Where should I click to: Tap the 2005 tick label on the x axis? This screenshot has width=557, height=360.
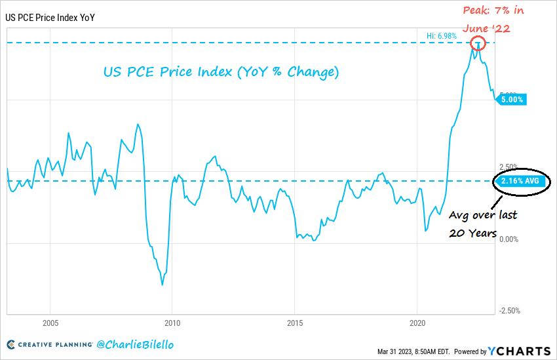[x=50, y=323]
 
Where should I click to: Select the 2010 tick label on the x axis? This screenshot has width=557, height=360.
[x=172, y=323]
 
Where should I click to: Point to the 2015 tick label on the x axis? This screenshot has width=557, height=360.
[x=295, y=323]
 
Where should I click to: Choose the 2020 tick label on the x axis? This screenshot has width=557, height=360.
[x=418, y=323]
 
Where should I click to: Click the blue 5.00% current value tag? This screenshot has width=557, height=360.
[x=512, y=100]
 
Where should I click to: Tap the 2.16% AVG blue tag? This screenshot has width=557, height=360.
[x=520, y=181]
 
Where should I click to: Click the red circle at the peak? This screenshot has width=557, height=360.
[x=479, y=45]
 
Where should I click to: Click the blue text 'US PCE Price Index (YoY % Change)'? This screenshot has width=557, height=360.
[x=221, y=71]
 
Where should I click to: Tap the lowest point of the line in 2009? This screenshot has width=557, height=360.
[x=162, y=285]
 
